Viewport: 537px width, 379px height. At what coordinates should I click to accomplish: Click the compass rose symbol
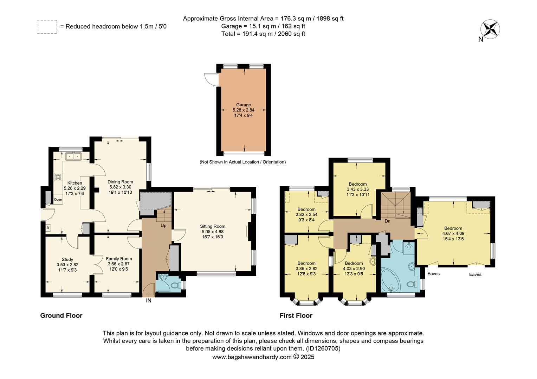pyautogui.click(x=491, y=29)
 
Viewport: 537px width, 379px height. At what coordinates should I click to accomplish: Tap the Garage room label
pyautogui.click(x=243, y=105)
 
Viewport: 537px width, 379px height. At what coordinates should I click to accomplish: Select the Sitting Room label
pyautogui.click(x=213, y=226)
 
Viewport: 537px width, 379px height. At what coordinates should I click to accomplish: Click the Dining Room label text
pyautogui.click(x=120, y=182)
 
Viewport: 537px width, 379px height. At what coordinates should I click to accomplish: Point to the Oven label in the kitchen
pyautogui.click(x=58, y=200)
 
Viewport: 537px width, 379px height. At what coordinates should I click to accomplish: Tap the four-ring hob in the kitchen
pyautogui.click(x=58, y=177)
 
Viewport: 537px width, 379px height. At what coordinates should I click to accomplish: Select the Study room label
pyautogui.click(x=67, y=259)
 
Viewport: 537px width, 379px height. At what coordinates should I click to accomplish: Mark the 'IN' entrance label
pyautogui.click(x=149, y=301)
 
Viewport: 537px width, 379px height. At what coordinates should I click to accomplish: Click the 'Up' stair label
pyautogui.click(x=163, y=226)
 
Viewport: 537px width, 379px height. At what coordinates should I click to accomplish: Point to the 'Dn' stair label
pyautogui.click(x=387, y=221)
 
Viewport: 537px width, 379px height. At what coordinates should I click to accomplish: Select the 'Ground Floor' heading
pyautogui.click(x=61, y=315)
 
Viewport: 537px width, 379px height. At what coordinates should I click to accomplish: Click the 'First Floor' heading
pyautogui.click(x=296, y=315)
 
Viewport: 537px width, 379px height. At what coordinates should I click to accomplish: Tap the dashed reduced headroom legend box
pyautogui.click(x=47, y=27)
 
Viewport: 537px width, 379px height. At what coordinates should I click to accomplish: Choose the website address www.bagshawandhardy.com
pyautogui.click(x=252, y=357)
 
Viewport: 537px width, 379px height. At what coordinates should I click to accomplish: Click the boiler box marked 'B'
pyautogui.click(x=47, y=228)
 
